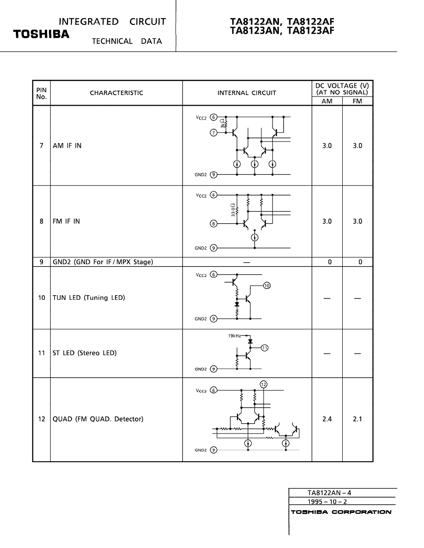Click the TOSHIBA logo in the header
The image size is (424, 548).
coord(41,35)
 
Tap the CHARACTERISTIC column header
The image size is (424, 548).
coord(116,93)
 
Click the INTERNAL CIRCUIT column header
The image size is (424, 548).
coord(247,93)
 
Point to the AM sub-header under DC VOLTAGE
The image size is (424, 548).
coord(327,101)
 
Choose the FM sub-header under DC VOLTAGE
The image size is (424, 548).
coord(357,101)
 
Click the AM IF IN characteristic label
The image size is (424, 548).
coord(67,146)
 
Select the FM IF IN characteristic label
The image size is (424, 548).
coord(66,221)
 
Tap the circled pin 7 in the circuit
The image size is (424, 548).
coord(213,133)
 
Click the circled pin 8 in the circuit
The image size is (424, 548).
coord(213,224)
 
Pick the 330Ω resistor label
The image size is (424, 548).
coord(233,210)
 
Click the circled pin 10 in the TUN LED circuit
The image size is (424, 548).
coord(267,286)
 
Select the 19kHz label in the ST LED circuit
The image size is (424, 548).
coord(234,336)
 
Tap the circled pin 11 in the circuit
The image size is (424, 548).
coord(264,348)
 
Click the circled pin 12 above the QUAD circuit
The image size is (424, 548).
coord(263,384)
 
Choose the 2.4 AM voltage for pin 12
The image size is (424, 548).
coord(327,419)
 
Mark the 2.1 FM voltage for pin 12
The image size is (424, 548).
coord(357,419)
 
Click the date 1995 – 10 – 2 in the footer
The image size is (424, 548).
coord(327,501)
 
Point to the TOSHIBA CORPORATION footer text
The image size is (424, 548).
coord(341,512)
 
